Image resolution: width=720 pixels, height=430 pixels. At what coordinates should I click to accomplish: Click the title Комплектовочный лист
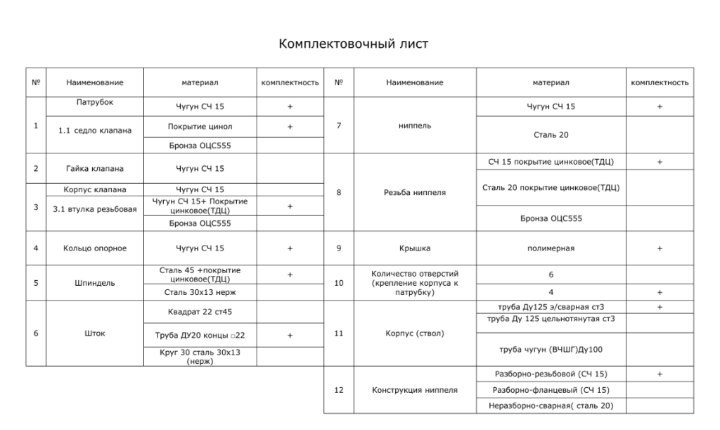[x=354, y=44]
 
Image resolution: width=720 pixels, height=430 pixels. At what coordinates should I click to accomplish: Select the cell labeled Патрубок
[x=95, y=103]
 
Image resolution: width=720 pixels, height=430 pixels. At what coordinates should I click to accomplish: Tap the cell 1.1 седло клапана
[x=95, y=129]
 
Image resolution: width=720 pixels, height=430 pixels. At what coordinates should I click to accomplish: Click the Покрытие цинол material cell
[x=200, y=127]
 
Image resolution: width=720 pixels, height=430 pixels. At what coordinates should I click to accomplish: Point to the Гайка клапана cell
[x=95, y=169]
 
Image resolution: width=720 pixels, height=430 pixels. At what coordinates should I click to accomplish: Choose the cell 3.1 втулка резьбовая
[x=95, y=210]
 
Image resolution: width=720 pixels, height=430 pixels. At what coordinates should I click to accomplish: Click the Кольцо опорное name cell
[x=95, y=248]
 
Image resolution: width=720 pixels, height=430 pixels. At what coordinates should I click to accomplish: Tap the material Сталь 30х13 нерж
[x=200, y=291]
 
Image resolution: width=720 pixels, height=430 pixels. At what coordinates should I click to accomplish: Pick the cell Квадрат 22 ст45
[x=200, y=312]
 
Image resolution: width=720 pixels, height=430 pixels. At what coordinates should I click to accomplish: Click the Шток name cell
[x=95, y=334]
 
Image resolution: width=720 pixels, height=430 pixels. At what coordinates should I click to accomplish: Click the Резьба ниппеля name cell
[x=414, y=192]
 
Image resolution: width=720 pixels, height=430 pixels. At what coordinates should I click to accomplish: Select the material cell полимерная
[x=551, y=248]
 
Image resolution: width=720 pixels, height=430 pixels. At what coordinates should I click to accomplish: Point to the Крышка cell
[x=414, y=248]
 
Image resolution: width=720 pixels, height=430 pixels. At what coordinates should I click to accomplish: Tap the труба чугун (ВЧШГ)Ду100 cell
[x=551, y=348]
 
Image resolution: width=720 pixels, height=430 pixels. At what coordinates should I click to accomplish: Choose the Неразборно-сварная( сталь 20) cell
[x=551, y=405]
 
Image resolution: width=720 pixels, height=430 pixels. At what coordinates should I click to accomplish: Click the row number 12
[x=338, y=390]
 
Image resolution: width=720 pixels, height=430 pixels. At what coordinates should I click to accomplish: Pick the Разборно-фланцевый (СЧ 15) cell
[x=551, y=390]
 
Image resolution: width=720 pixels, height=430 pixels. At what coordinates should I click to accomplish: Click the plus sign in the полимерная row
[x=659, y=248]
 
